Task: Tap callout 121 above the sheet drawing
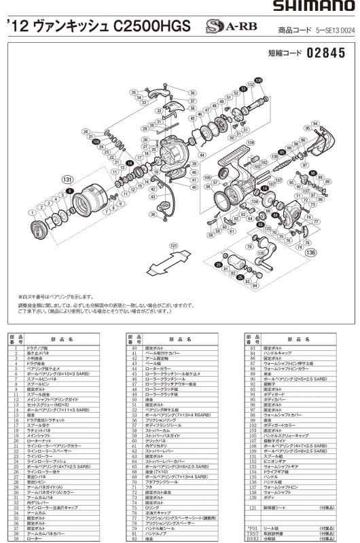coord(174,245)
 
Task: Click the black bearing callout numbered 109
coord(258,79)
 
